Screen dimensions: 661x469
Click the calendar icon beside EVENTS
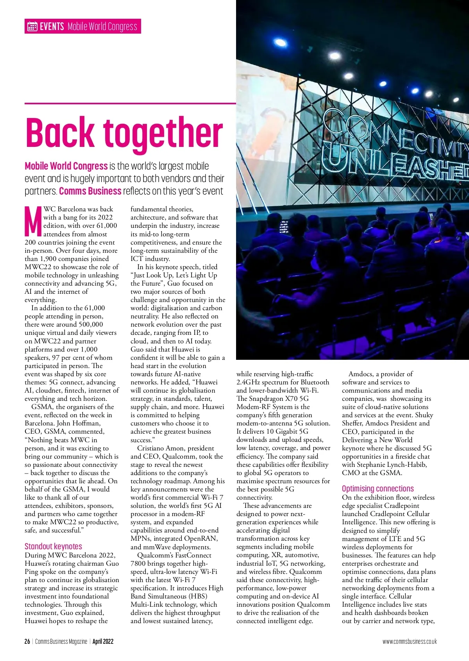click(32, 27)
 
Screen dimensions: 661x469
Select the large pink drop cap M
click(33, 222)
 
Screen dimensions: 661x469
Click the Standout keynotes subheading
click(54, 546)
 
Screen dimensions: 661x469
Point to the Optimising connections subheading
click(378, 489)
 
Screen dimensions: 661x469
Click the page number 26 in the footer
click(27, 641)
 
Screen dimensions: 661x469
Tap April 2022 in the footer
click(103, 641)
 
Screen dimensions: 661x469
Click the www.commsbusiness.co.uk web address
click(410, 641)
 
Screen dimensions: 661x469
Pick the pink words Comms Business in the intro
click(90, 191)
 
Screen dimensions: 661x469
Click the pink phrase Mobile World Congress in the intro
click(66, 166)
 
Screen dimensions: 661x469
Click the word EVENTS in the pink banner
click(52, 27)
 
